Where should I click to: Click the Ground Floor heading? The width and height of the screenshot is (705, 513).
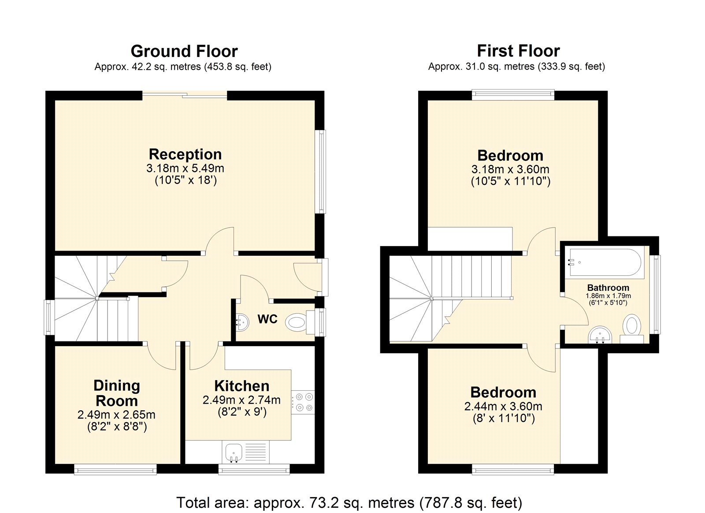pyautogui.click(x=184, y=51)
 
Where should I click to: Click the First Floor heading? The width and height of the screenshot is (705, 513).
pyautogui.click(x=518, y=51)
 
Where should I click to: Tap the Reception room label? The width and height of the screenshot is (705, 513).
pyautogui.click(x=185, y=154)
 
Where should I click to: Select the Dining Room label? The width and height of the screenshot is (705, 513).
pyautogui.click(x=117, y=393)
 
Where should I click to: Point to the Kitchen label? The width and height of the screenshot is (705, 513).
pyautogui.click(x=241, y=386)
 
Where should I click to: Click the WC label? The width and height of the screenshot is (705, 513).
pyautogui.click(x=267, y=319)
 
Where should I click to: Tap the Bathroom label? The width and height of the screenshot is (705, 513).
pyautogui.click(x=608, y=288)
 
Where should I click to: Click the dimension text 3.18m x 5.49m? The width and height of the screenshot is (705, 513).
pyautogui.click(x=185, y=168)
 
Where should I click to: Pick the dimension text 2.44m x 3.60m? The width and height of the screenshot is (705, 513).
pyautogui.click(x=503, y=406)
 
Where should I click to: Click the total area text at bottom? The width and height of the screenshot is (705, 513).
pyautogui.click(x=349, y=502)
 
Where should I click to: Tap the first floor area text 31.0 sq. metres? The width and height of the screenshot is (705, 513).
pyautogui.click(x=516, y=67)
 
